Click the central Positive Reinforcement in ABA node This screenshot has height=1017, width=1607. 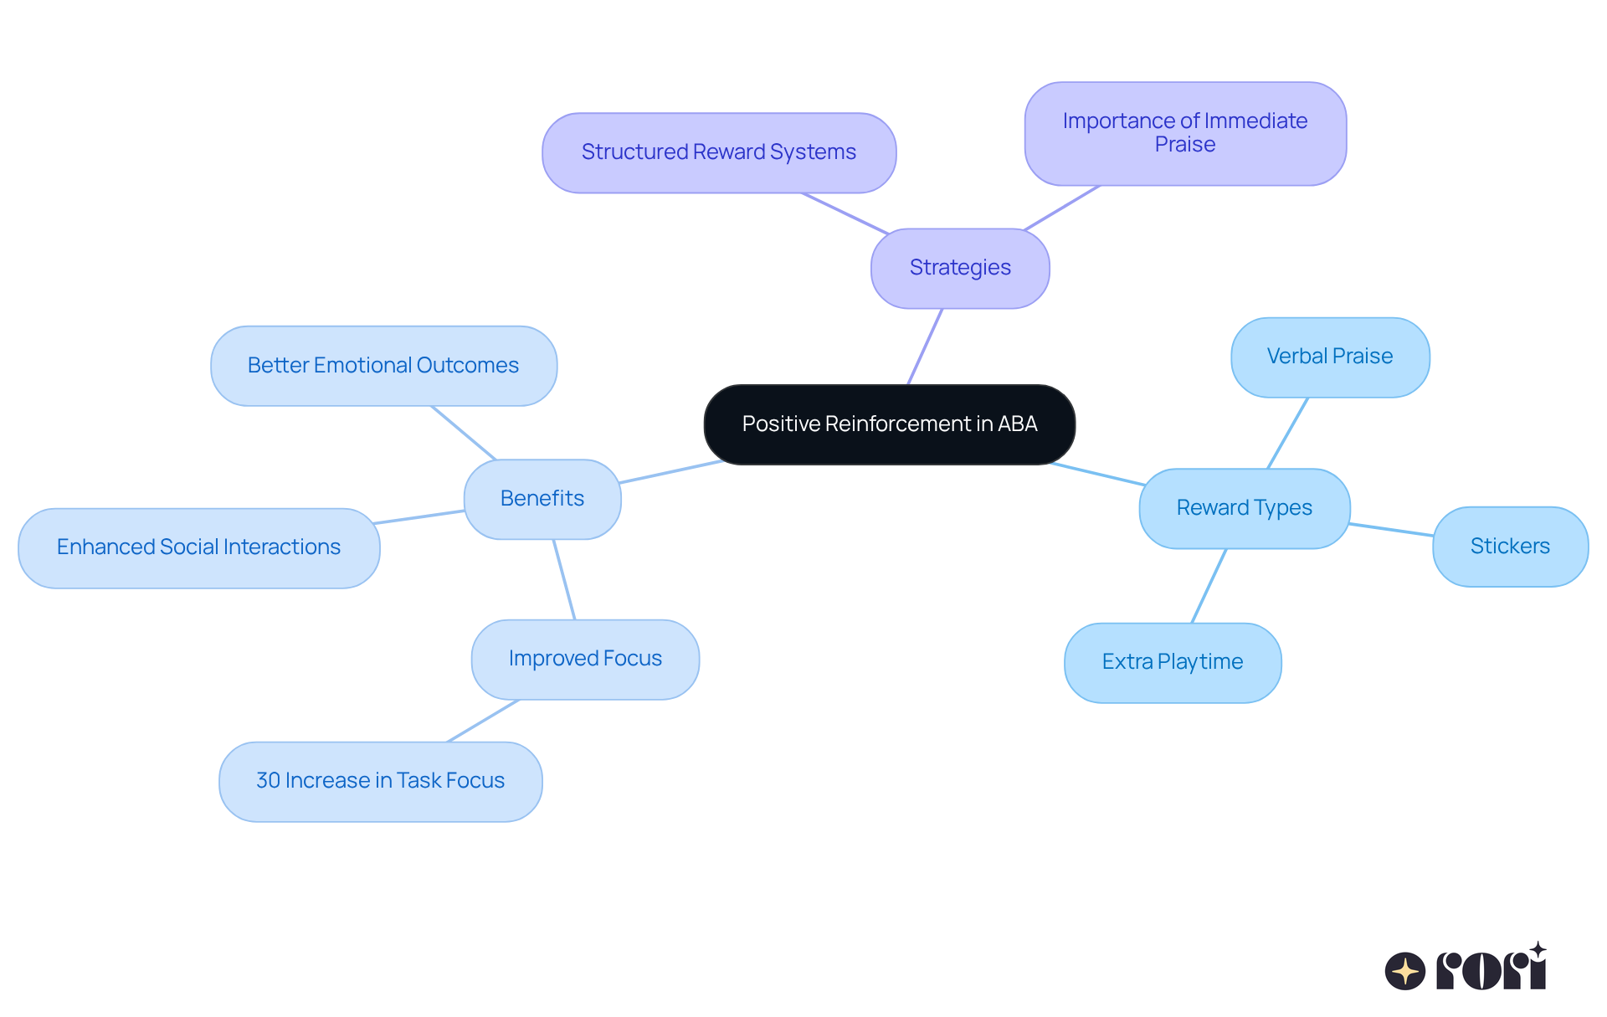(x=889, y=424)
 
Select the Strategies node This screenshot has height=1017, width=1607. (x=960, y=268)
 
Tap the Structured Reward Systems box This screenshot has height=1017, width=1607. (x=719, y=152)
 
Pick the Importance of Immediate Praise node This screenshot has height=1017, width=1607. (x=1185, y=133)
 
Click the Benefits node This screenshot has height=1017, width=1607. (x=542, y=499)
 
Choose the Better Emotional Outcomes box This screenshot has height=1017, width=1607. (x=383, y=366)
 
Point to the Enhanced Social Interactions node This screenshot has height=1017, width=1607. (x=198, y=547)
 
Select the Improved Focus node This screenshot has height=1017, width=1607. (x=585, y=659)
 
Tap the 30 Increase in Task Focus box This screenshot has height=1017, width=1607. (x=380, y=781)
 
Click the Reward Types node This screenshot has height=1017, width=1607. (x=1244, y=508)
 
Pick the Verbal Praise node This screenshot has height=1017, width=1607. (x=1330, y=357)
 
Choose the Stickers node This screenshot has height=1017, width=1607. (x=1510, y=547)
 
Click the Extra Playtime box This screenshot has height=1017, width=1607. (x=1173, y=662)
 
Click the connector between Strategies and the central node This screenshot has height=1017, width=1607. (x=926, y=347)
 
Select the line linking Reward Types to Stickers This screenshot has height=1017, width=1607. (x=1391, y=530)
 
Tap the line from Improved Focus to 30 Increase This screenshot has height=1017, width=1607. (x=484, y=721)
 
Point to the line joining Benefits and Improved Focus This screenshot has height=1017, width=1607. (x=564, y=579)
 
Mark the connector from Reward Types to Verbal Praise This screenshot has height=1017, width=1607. (x=1287, y=433)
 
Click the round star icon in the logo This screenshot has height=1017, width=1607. (x=1404, y=971)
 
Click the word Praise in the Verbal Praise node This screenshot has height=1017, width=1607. (x=1363, y=357)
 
